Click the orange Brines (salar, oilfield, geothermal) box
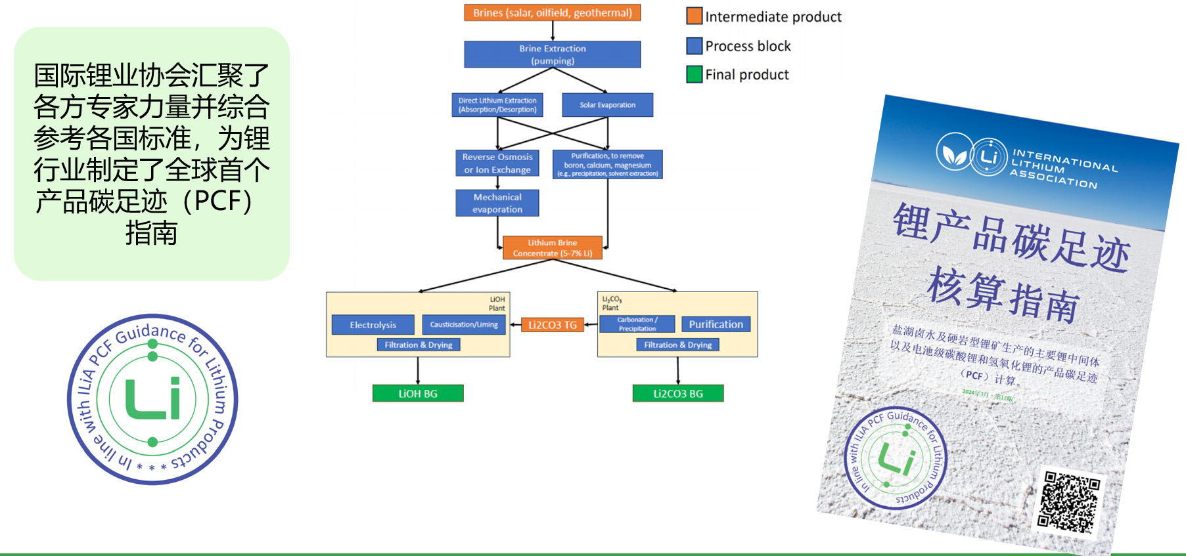552,13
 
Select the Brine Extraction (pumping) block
552,54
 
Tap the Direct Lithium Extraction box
497,105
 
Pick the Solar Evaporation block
607,105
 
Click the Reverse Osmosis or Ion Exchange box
497,163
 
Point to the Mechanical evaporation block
497,203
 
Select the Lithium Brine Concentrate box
552,247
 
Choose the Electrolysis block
373,325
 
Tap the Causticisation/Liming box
464,324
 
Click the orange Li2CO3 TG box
553,325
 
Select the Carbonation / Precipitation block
637,324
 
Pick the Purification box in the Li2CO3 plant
716,324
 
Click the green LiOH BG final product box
418,393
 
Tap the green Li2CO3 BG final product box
678,393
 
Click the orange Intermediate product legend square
695,16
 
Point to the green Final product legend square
695,74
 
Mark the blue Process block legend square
695,46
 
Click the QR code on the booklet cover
1068,501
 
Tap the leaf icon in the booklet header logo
955,154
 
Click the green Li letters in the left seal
153,398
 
